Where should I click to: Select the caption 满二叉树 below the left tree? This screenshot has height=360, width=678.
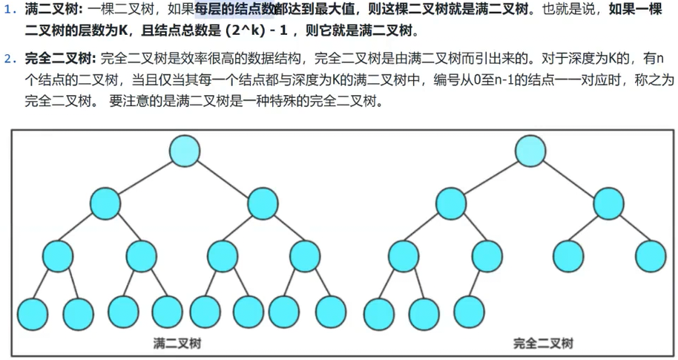pos(177,343)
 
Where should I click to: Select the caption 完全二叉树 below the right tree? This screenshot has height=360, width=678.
pos(543,343)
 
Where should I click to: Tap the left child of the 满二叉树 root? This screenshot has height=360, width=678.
pos(105,203)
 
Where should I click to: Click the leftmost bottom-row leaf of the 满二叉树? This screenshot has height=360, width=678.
pos(32,312)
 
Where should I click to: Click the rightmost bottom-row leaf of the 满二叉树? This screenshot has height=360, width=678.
pos(331,312)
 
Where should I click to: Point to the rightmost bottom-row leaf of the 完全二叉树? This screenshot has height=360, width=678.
pos(469,312)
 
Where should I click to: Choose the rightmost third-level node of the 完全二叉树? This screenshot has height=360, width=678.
pos(651,256)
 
